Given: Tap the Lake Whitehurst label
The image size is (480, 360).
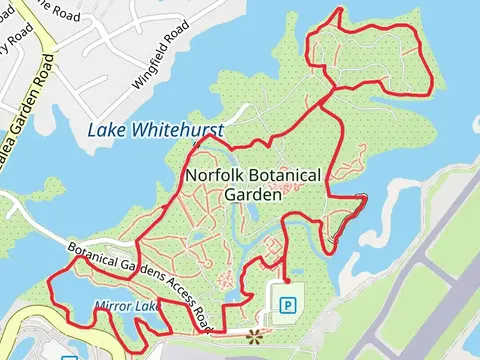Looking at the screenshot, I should (x=155, y=130).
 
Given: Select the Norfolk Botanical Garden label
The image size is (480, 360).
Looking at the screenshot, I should (x=254, y=185).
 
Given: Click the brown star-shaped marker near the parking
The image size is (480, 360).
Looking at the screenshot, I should (x=253, y=335).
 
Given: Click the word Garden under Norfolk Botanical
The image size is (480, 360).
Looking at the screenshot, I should (x=254, y=195).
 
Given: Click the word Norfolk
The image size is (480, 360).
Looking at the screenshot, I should (x=214, y=176).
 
